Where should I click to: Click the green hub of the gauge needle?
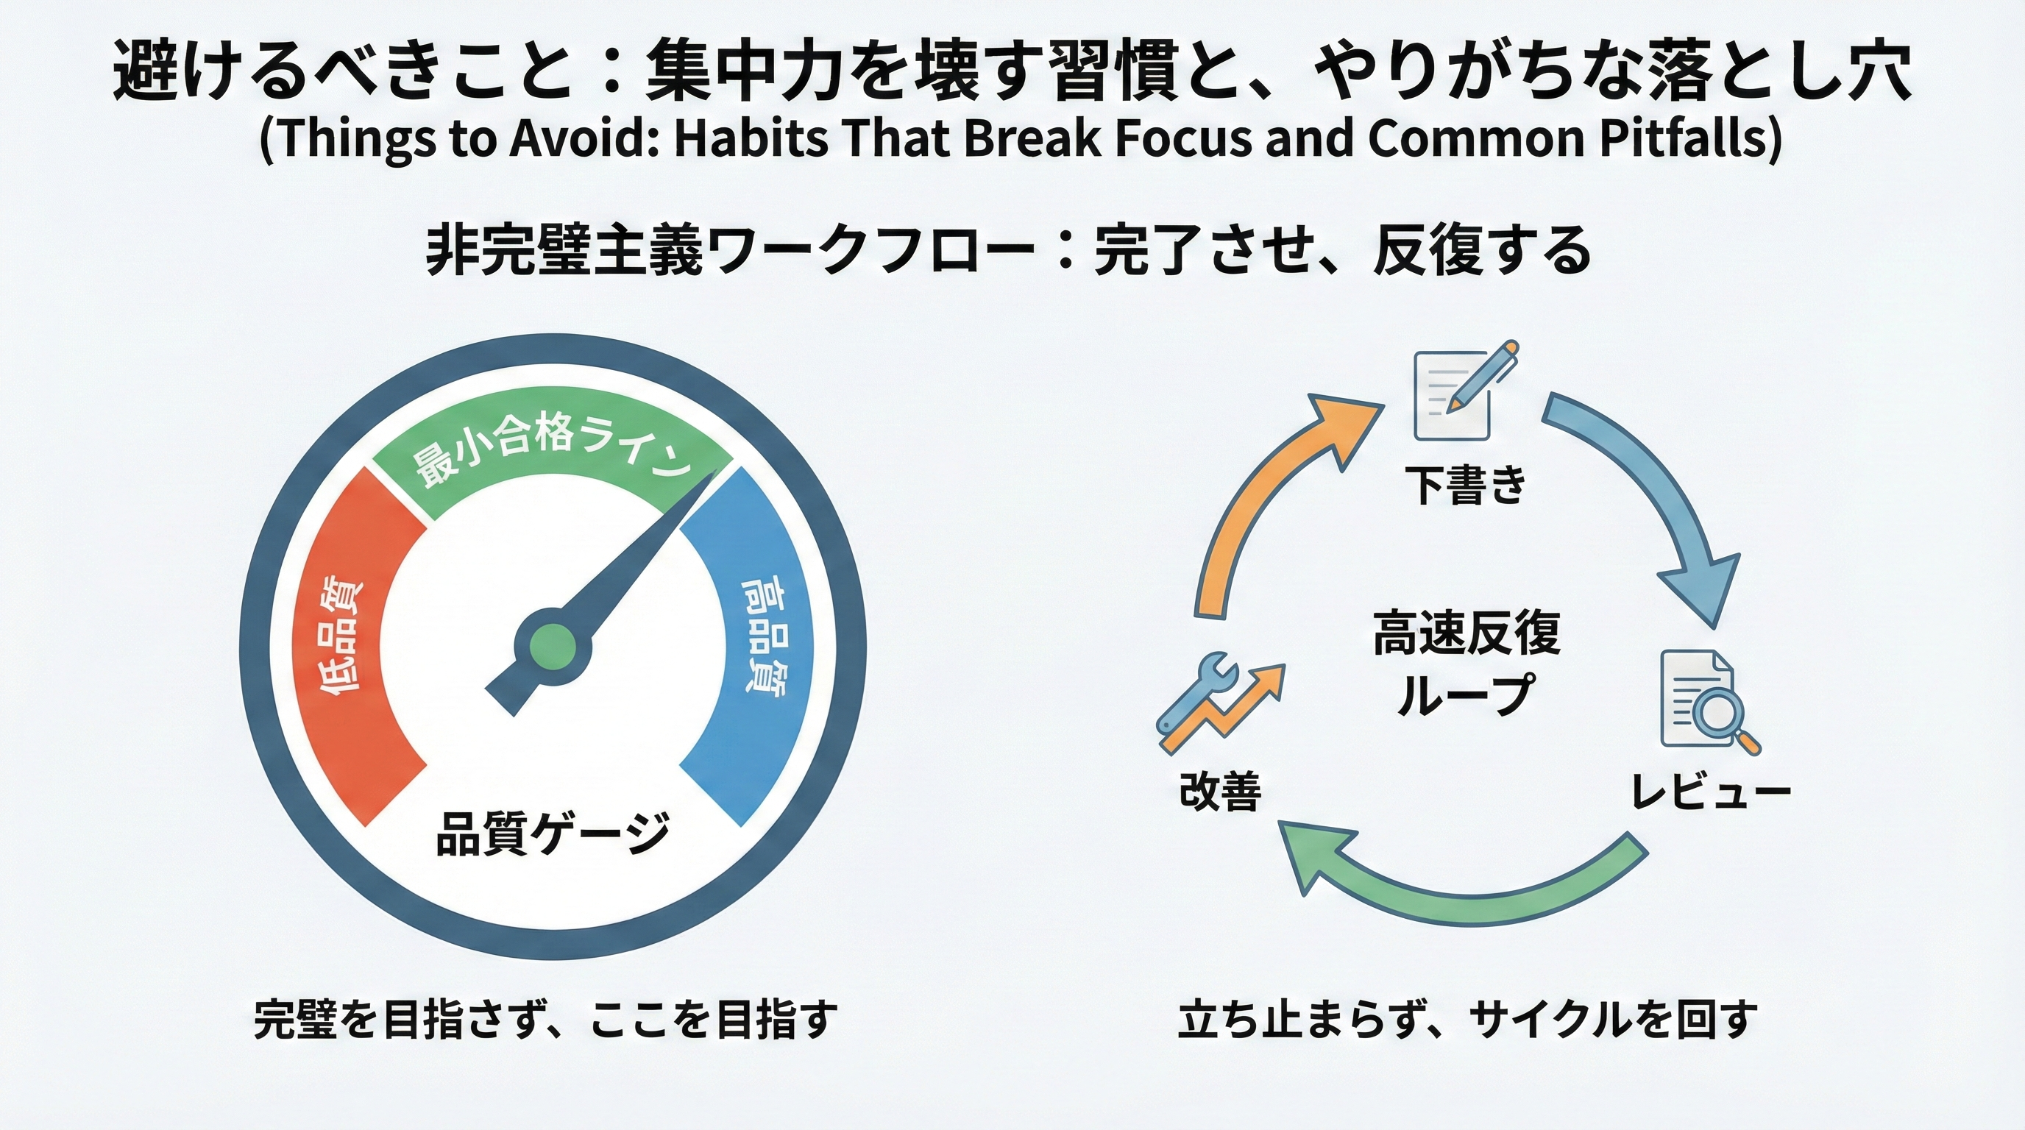(553, 646)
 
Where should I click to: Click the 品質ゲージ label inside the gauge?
(553, 833)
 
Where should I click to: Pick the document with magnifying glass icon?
(1706, 700)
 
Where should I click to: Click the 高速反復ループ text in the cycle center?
(1466, 664)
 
